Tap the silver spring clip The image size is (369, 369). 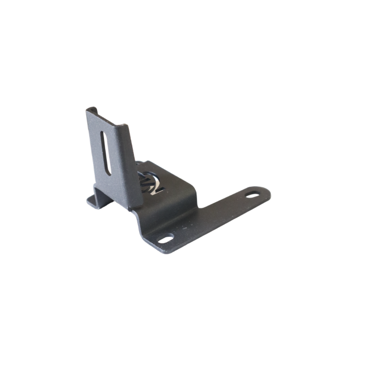[x=150, y=183]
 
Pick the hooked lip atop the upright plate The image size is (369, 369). [x=91, y=110]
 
